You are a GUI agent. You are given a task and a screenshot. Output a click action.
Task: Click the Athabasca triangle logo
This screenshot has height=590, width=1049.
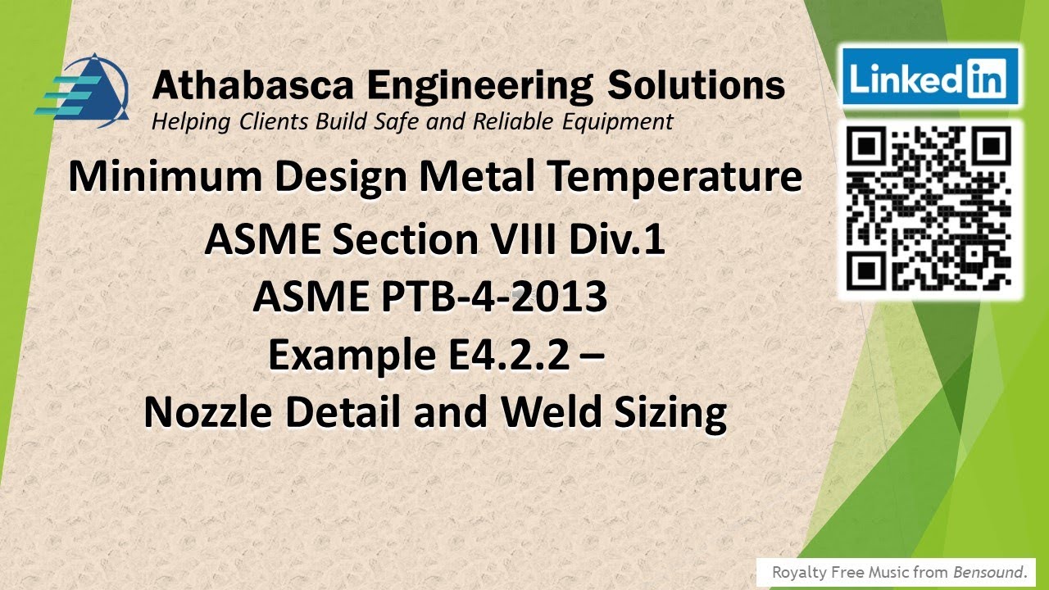pos(82,91)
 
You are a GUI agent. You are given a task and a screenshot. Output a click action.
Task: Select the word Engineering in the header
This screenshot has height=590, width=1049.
pos(479,85)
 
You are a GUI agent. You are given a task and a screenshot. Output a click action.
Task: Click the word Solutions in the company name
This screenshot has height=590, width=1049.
pos(694,85)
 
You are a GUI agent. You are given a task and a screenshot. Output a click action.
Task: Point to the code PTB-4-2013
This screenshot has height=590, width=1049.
pos(491,297)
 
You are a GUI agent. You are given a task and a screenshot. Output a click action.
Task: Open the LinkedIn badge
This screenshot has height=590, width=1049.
pos(929,78)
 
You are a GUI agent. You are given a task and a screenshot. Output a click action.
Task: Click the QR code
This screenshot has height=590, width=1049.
pos(929,210)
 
